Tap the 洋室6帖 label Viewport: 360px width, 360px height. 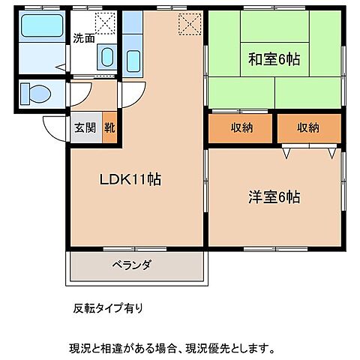(x=274, y=197)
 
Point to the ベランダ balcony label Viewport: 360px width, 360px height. (x=132, y=265)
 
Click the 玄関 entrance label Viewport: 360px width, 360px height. (x=83, y=128)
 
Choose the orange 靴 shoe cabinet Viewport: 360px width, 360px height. (x=110, y=128)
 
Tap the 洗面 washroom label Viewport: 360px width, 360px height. (x=83, y=38)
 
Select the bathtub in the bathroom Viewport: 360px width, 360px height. (x=42, y=28)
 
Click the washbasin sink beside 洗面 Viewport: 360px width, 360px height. (x=106, y=57)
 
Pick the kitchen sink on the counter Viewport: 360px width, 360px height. (x=133, y=58)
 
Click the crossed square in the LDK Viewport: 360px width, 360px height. (x=190, y=24)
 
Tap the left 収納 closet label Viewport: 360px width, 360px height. (x=241, y=127)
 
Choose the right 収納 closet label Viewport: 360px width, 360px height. (x=307, y=127)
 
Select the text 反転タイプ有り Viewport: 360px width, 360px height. (x=106, y=308)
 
